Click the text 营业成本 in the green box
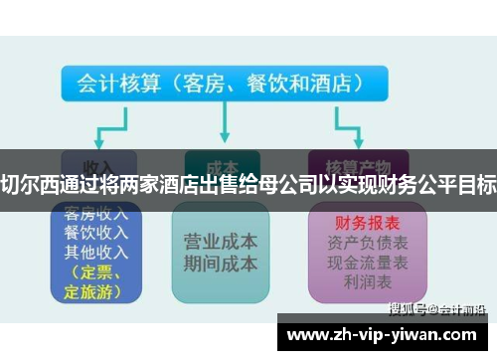click(x=221, y=242)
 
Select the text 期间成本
click(x=221, y=264)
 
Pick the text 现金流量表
click(x=355, y=262)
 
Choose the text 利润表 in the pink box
click(x=355, y=281)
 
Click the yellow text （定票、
click(x=92, y=270)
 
